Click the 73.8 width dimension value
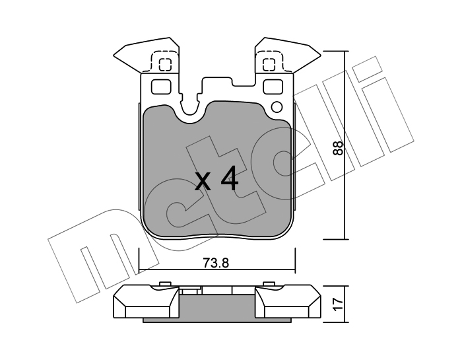pyautogui.click(x=216, y=263)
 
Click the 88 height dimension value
pyautogui.click(x=338, y=148)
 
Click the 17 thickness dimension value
pyautogui.click(x=338, y=305)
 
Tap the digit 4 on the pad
pyautogui.click(x=230, y=178)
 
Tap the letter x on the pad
pyautogui.click(x=203, y=182)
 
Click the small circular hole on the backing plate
pyautogui.click(x=277, y=107)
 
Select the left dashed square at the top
pyautogui.click(x=165, y=65)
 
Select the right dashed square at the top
pyautogui.click(x=269, y=65)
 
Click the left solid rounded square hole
pyautogui.click(x=161, y=87)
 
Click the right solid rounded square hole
pyautogui.click(x=273, y=87)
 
